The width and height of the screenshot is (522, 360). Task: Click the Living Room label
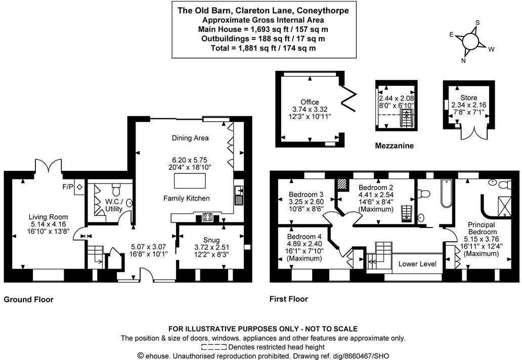click(x=49, y=217)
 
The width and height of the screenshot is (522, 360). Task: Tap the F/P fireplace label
click(x=68, y=187)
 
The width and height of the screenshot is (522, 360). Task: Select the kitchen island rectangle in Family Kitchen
click(x=190, y=181)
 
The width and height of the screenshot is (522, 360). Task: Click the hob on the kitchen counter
click(x=207, y=217)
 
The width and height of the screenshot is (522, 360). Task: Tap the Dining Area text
click(x=190, y=138)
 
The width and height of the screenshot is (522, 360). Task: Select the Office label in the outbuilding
click(x=310, y=102)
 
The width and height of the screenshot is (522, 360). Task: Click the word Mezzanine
click(x=394, y=146)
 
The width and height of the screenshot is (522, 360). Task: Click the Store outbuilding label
click(x=468, y=98)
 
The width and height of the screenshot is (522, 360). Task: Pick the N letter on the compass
click(x=463, y=61)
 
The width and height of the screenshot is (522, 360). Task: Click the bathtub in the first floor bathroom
click(x=447, y=193)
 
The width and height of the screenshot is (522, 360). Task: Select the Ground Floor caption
click(x=28, y=299)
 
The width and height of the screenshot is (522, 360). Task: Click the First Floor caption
click(x=288, y=299)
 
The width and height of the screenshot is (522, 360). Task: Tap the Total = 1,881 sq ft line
click(x=263, y=48)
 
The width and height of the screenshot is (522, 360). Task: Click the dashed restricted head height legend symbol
click(x=213, y=347)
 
